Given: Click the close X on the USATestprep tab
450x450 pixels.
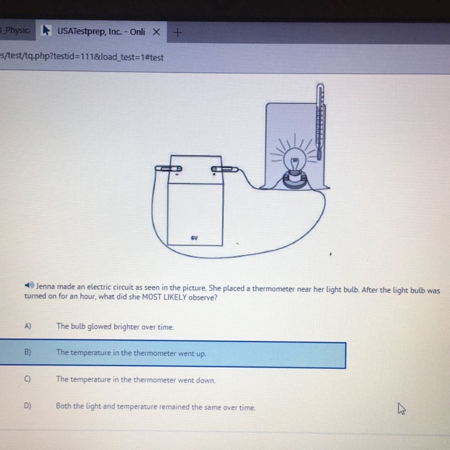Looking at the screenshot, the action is (156, 32).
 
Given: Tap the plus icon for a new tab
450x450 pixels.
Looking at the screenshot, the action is (178, 32).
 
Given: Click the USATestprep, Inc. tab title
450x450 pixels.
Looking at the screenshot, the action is (101, 31).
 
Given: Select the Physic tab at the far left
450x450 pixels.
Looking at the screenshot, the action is (16, 30).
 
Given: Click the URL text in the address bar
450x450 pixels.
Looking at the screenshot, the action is (82, 57).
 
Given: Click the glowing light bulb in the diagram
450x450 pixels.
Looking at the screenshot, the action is (295, 160).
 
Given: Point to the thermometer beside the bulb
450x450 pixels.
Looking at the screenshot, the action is (320, 121).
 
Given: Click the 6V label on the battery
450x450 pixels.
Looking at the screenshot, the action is (194, 238).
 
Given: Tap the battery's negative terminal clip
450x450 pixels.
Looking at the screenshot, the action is (168, 169).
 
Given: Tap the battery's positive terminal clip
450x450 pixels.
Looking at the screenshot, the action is (224, 169).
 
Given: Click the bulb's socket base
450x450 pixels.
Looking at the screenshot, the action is (295, 179).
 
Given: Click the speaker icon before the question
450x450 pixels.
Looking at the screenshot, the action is (29, 285).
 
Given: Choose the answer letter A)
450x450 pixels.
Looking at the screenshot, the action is (28, 326).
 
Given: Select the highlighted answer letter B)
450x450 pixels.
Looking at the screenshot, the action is (28, 352).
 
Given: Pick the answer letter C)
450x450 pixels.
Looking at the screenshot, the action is (27, 379).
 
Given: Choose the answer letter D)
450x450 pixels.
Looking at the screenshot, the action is (28, 406).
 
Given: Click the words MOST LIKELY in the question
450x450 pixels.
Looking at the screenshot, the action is (164, 297).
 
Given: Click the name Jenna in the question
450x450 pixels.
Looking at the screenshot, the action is (46, 286).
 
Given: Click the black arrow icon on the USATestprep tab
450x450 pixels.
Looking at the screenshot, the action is (46, 30).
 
